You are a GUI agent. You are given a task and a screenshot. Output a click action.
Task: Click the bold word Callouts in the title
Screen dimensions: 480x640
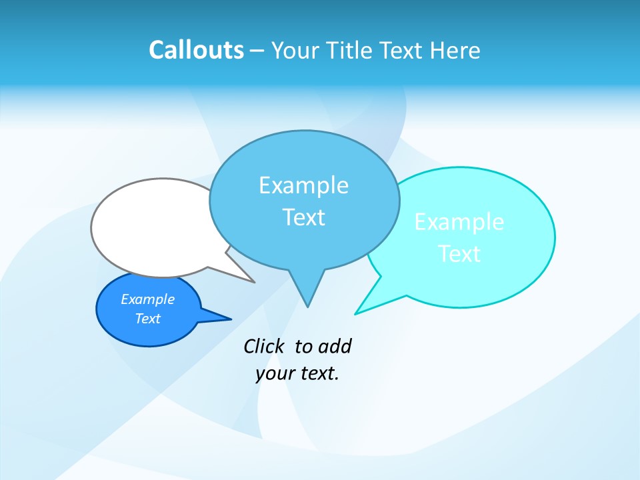196,51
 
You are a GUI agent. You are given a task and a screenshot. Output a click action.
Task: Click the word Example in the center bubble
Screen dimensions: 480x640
303,185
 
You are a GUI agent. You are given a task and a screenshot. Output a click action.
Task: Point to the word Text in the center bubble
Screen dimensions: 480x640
303,217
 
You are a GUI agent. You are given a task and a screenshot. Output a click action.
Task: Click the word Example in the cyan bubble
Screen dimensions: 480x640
459,222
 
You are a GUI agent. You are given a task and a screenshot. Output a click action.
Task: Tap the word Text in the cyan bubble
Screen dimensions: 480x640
459,254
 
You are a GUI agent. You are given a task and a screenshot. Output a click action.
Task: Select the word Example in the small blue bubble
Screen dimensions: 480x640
147,299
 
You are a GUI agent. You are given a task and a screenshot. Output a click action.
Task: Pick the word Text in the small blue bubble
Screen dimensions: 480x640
147,319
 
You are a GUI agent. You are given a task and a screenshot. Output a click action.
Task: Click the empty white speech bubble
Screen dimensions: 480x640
150,227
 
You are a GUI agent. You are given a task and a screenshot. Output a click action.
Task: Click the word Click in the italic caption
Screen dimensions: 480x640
265,347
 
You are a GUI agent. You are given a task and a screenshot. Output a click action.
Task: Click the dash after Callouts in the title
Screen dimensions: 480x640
257,51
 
